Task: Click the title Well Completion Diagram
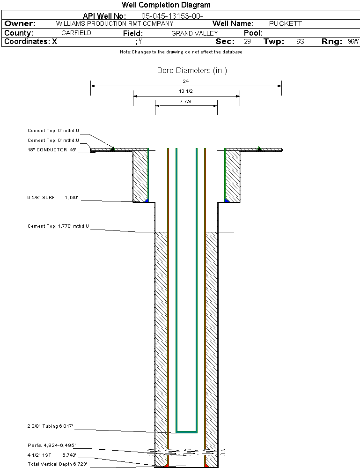pyautogui.click(x=166, y=5)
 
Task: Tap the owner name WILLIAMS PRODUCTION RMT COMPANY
pyautogui.click(x=114, y=23)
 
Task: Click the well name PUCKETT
pyautogui.click(x=286, y=23)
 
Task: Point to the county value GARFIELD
pyautogui.click(x=76, y=33)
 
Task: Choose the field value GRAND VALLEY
pyautogui.click(x=194, y=33)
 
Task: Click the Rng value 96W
pyautogui.click(x=353, y=42)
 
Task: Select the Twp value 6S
pyautogui.click(x=300, y=42)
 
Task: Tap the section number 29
pyautogui.click(x=247, y=42)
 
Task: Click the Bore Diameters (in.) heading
pyautogui.click(x=192, y=71)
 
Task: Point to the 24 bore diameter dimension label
pyautogui.click(x=186, y=82)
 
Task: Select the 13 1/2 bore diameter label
pyautogui.click(x=186, y=91)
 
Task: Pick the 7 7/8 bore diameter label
pyautogui.click(x=186, y=101)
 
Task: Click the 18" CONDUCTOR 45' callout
pyautogui.click(x=52, y=150)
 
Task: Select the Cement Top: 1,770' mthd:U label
pyautogui.click(x=58, y=227)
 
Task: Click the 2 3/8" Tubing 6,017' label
pyautogui.click(x=50, y=426)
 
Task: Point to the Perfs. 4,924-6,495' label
pyautogui.click(x=51, y=445)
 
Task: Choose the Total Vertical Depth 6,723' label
pyautogui.click(x=57, y=464)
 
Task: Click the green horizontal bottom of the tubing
pyautogui.click(x=186, y=431)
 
